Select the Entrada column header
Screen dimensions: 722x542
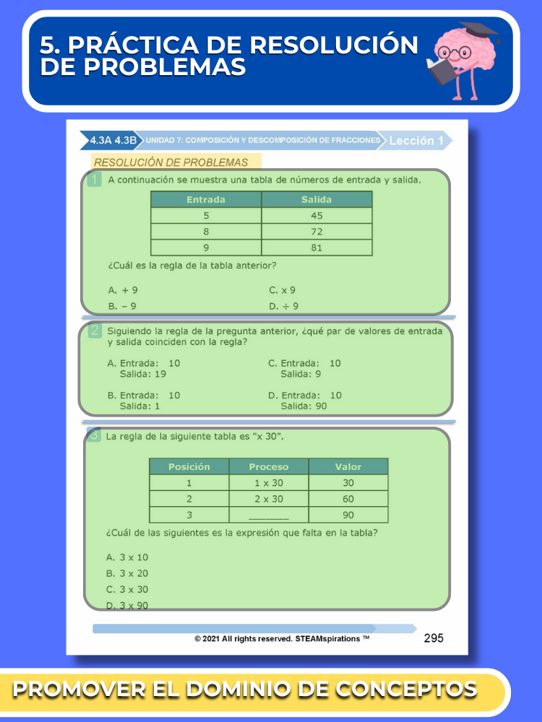click(206, 199)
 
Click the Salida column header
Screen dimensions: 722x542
click(317, 199)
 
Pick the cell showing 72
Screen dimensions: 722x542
click(317, 232)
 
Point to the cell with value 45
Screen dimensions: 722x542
click(317, 216)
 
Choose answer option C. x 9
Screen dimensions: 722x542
click(283, 290)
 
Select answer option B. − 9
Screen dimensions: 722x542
click(122, 306)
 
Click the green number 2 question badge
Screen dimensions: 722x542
click(95, 331)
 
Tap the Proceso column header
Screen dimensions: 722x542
click(268, 466)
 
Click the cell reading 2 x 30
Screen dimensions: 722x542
click(268, 499)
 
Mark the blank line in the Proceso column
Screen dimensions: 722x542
click(268, 516)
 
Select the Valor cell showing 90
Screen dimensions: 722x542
click(348, 516)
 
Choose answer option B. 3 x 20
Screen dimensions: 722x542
click(127, 573)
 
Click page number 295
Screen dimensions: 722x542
click(434, 638)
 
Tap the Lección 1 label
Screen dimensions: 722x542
click(416, 141)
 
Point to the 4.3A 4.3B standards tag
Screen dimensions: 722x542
click(113, 141)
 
